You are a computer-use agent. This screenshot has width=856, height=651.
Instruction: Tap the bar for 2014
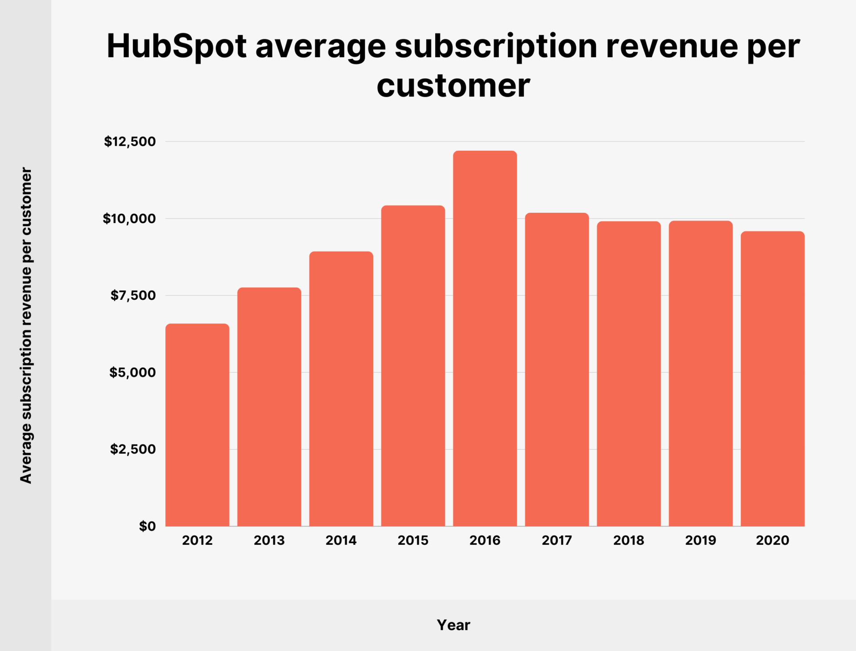[x=341, y=389]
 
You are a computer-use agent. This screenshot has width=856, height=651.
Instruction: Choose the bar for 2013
[x=269, y=406]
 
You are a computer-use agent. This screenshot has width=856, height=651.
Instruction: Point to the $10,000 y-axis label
[x=129, y=219]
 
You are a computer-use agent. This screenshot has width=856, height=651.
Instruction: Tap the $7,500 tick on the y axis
[x=133, y=295]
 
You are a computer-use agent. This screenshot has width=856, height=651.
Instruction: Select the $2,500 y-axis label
[x=133, y=449]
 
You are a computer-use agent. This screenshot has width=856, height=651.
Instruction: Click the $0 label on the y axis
[x=147, y=526]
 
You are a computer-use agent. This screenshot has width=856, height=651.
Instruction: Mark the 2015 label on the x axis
[x=413, y=540]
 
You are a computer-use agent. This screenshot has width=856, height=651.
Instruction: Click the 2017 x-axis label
[x=556, y=540]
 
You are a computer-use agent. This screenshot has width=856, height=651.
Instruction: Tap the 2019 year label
[x=700, y=540]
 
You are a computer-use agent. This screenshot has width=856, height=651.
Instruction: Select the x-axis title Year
[x=453, y=625]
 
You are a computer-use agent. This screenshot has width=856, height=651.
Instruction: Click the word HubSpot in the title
[x=177, y=46]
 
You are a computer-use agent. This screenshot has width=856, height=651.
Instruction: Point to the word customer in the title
[x=453, y=85]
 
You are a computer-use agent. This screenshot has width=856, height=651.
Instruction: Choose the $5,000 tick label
[x=132, y=372]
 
